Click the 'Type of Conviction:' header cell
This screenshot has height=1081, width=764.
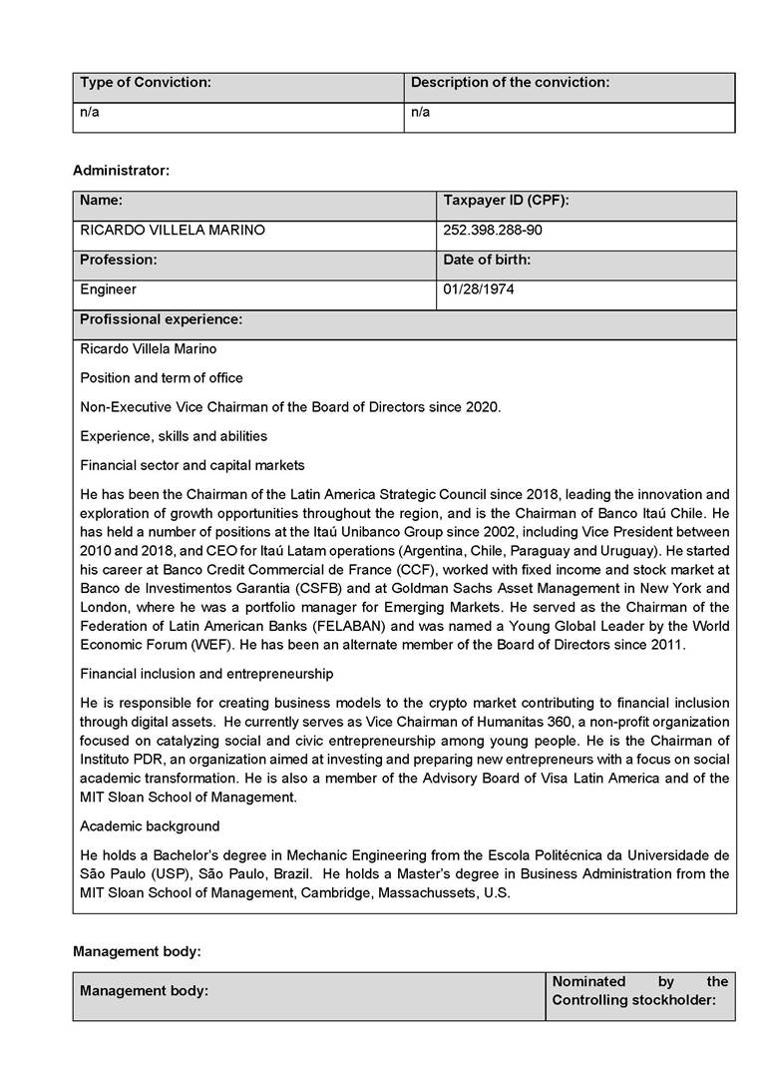pos(146,83)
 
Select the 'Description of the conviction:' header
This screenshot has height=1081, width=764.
pos(510,83)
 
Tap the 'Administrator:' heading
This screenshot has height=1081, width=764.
pos(121,171)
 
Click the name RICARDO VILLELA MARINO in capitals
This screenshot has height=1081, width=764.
pos(173,231)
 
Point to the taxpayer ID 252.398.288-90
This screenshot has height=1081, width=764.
pos(493,231)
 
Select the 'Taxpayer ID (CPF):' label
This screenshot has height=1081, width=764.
pos(505,201)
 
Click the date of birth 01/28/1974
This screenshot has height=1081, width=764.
pos(479,289)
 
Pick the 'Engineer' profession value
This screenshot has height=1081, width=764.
pos(109,289)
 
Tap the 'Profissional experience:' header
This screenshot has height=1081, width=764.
pos(161,319)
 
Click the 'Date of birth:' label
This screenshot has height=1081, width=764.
pos(487,260)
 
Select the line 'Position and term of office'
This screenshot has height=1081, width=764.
pos(162,378)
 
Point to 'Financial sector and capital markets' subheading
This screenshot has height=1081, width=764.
pos(192,465)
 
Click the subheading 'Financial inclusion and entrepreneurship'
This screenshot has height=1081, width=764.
pos(206,674)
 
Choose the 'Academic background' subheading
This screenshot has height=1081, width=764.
pos(150,826)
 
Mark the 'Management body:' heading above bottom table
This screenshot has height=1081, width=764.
pos(137,951)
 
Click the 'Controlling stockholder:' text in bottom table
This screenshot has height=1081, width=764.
pos(634,1000)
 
